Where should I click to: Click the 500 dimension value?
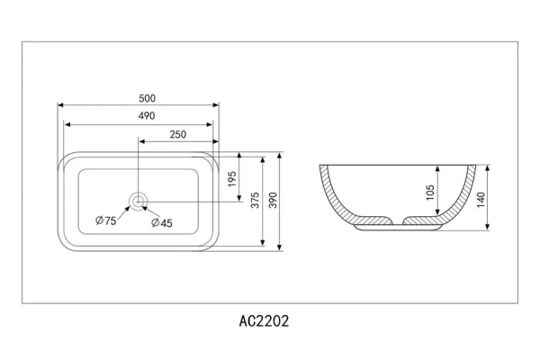147,98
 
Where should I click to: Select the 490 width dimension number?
147,116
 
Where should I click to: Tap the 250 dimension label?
178,134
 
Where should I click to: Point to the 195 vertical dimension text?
232,179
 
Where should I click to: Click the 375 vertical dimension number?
255,200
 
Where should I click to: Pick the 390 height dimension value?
273,200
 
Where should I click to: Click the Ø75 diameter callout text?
105,220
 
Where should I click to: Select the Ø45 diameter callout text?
162,223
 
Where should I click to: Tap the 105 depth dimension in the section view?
430,193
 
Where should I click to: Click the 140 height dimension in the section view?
481,200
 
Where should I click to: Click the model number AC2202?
264,321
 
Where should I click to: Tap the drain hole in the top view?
138,201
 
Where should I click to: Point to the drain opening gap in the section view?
398,221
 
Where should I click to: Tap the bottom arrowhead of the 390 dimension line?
280,247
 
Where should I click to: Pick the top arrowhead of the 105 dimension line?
437,169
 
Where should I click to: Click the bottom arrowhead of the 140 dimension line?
487,226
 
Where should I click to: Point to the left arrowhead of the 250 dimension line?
141,141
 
